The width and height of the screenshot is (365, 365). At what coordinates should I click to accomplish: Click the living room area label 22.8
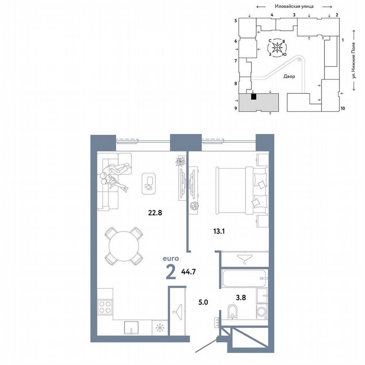[x=155, y=212]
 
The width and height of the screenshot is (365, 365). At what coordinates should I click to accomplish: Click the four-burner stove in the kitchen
[x=105, y=307]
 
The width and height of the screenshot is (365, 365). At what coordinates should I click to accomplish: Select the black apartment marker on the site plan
[x=253, y=97]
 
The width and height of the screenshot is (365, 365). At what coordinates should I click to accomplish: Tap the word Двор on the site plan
[x=289, y=76]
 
